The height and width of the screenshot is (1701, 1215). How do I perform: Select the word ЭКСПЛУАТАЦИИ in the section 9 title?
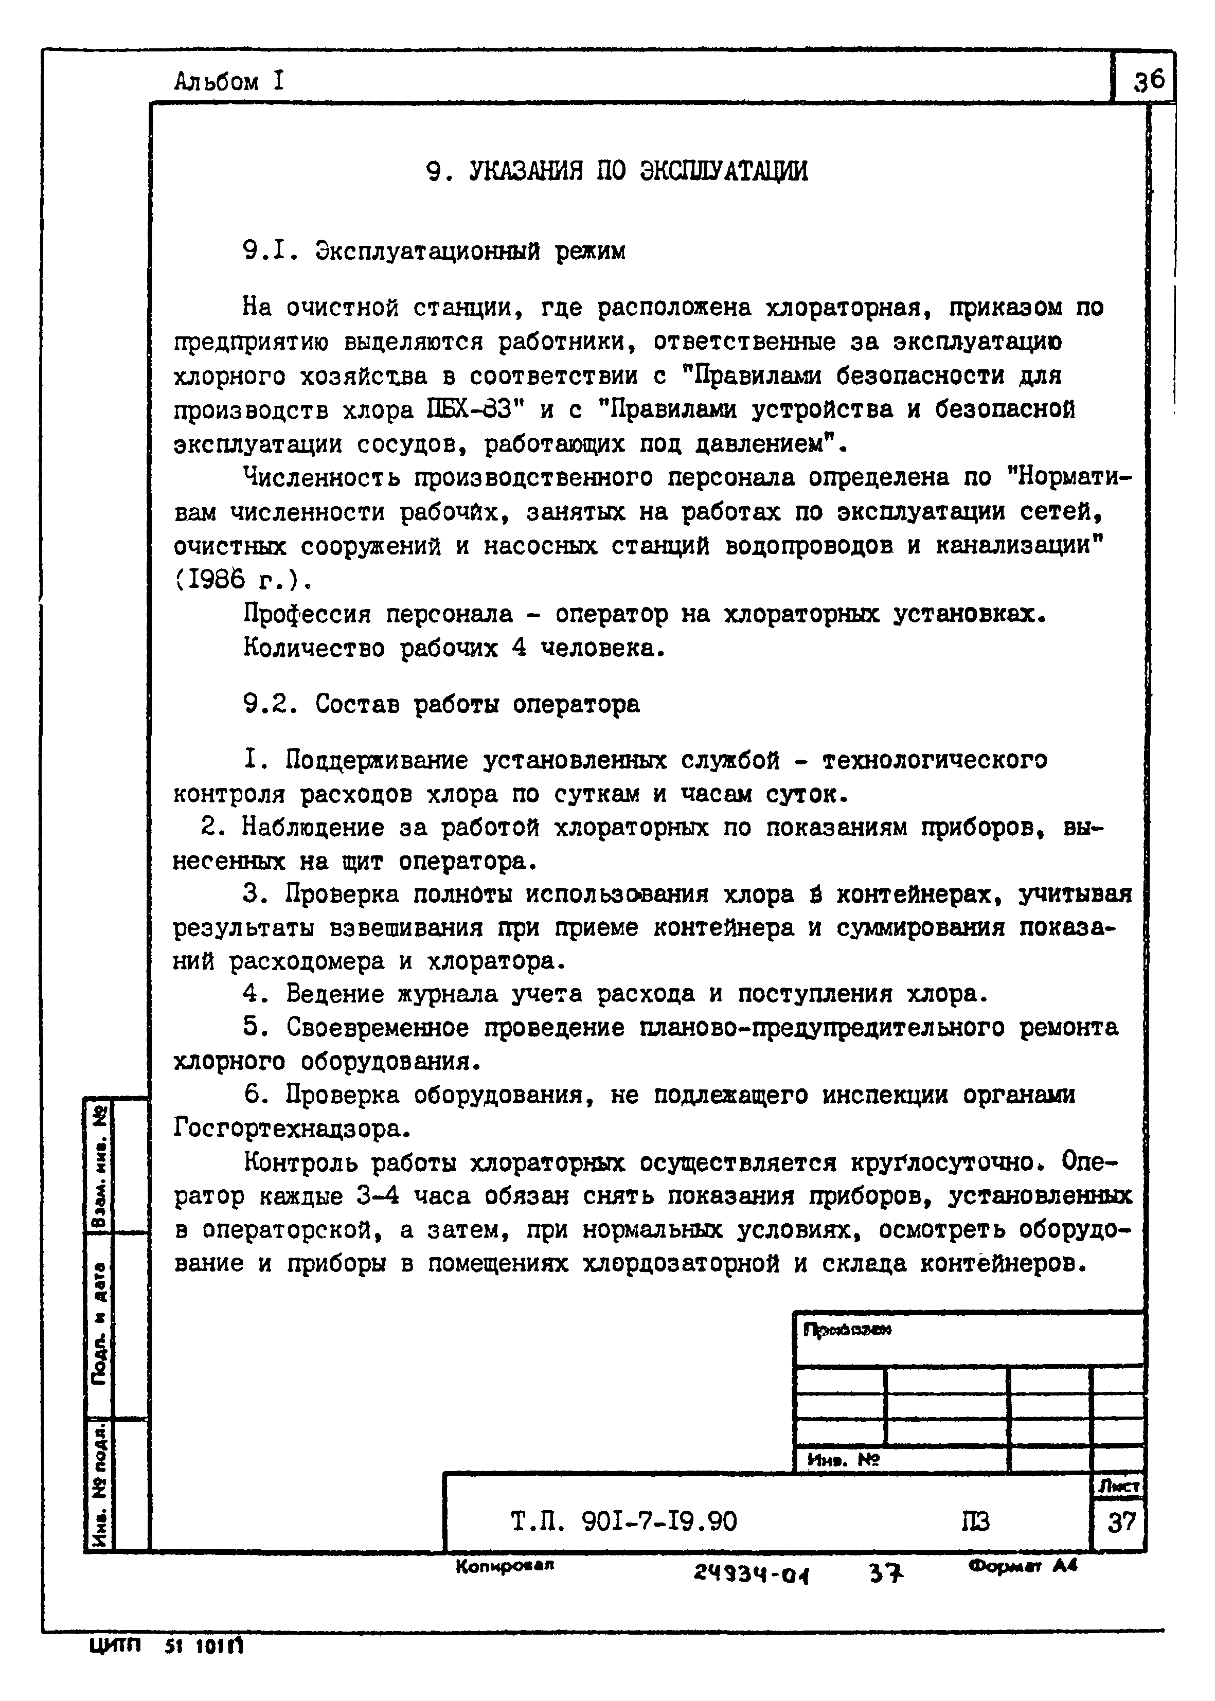click(723, 171)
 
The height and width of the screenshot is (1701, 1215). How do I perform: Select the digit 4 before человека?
click(519, 648)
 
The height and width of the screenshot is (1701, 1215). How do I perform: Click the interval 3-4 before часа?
click(378, 1196)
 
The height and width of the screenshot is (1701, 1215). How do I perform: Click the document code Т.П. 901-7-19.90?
click(624, 1521)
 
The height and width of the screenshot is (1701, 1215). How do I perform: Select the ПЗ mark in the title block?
click(975, 1521)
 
